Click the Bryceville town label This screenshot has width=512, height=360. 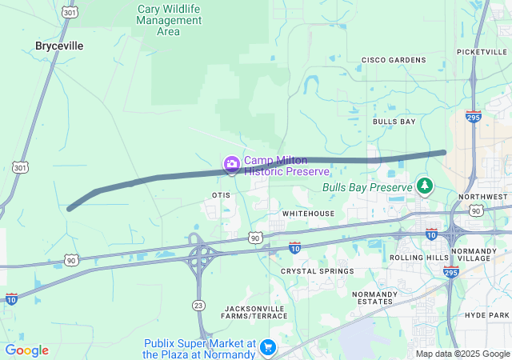[59, 46]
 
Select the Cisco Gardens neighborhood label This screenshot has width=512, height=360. [393, 60]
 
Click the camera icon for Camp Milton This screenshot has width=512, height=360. [232, 166]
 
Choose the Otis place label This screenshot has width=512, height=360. [222, 195]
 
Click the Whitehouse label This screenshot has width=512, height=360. [308, 214]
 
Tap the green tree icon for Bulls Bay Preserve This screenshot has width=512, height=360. [425, 187]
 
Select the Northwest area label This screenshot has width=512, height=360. [483, 197]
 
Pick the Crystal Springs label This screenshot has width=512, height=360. [317, 271]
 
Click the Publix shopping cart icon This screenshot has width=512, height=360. [268, 348]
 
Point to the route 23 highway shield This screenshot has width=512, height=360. [198, 304]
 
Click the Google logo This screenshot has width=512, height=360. [27, 350]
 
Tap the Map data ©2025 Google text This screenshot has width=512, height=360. [463, 354]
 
